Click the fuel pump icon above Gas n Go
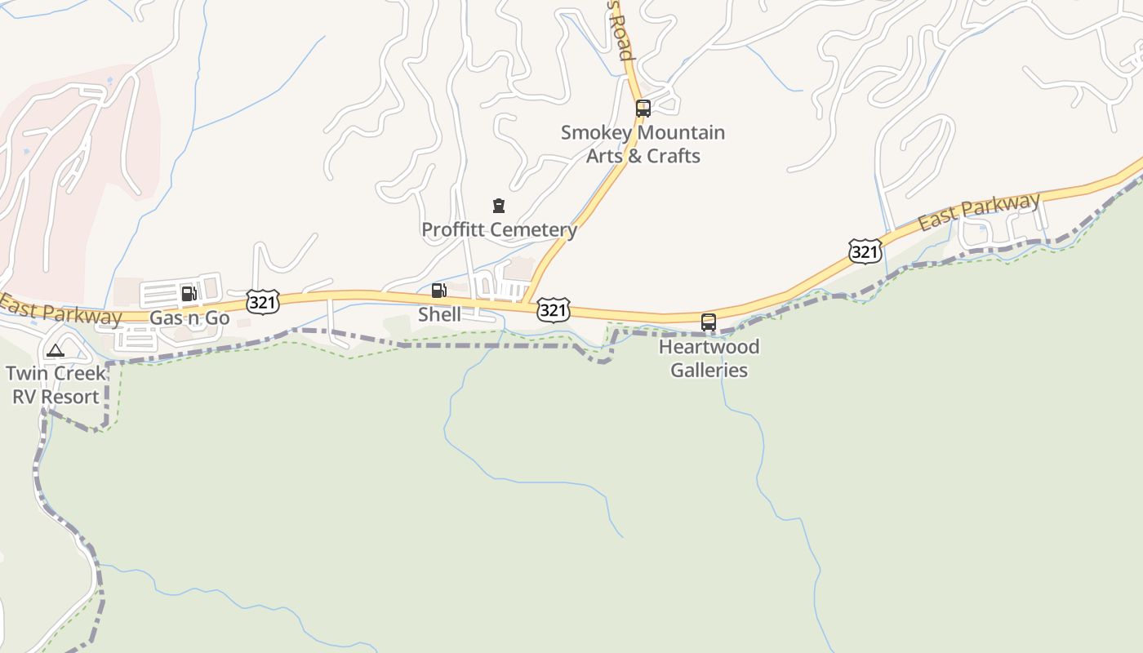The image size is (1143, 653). (189, 294)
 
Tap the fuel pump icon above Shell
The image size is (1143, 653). (438, 291)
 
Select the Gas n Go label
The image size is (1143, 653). (189, 318)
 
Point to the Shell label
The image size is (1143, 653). (439, 314)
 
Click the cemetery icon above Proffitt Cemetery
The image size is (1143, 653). (499, 206)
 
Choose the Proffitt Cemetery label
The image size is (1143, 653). (499, 229)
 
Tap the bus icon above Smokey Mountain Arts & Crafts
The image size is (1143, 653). (643, 108)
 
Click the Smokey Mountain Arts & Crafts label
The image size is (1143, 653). (643, 144)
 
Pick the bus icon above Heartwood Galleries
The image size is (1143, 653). (709, 322)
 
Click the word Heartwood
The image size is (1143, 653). (709, 347)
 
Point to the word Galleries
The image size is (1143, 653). (709, 370)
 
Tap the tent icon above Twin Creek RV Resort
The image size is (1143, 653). (55, 351)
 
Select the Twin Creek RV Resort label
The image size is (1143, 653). (56, 385)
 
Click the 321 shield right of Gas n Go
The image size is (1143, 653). (263, 302)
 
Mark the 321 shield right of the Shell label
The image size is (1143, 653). (553, 310)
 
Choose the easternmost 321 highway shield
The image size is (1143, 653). (865, 252)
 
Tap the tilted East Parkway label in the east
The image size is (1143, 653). (979, 211)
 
